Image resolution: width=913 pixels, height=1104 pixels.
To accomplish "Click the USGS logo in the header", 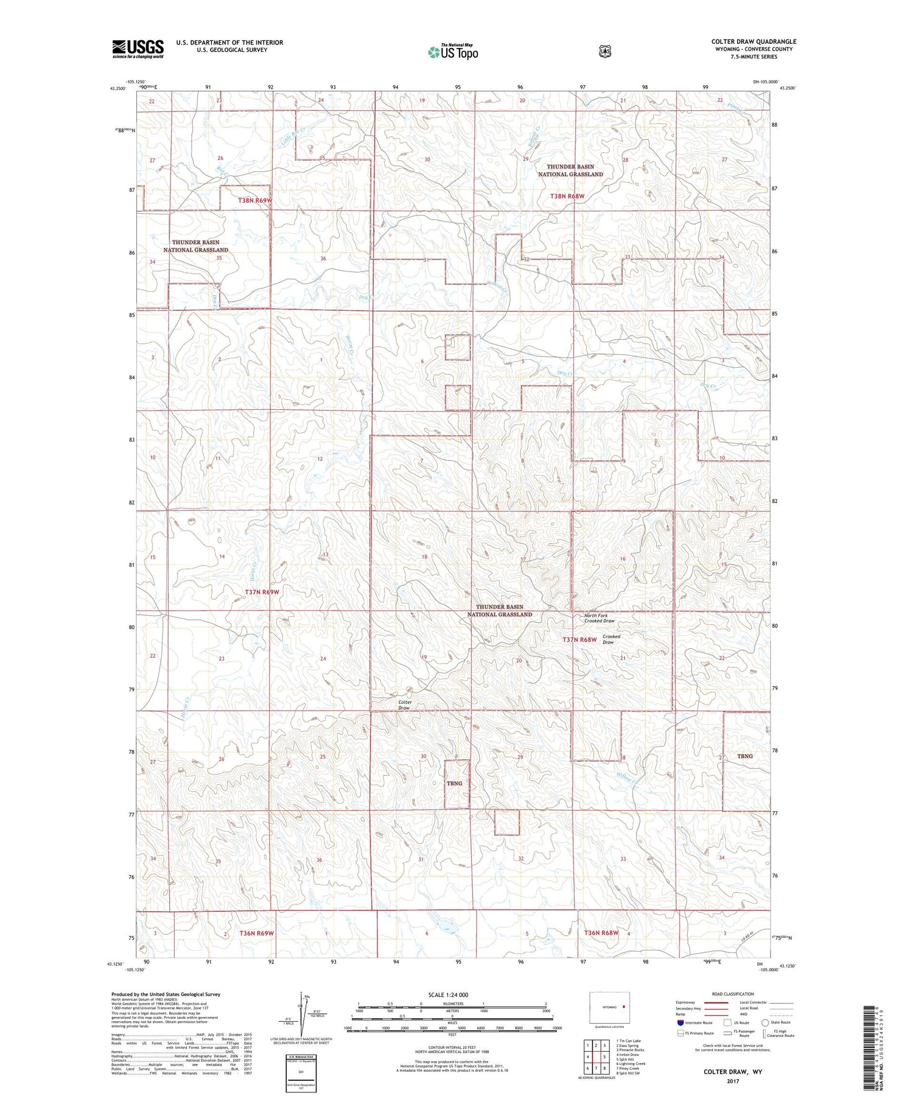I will pyautogui.click(x=138, y=49).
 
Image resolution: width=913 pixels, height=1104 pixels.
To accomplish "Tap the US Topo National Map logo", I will pyautogui.click(x=453, y=51).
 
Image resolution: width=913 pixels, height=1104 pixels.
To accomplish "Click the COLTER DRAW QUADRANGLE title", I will pyautogui.click(x=754, y=41).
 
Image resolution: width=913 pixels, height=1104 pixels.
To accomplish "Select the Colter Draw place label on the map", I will pyautogui.click(x=405, y=705).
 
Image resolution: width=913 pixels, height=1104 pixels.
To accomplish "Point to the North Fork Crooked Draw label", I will pyautogui.click(x=599, y=618).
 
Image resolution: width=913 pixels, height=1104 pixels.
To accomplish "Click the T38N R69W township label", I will pyautogui.click(x=255, y=200).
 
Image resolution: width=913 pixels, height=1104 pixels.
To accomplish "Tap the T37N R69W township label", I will pyautogui.click(x=262, y=592).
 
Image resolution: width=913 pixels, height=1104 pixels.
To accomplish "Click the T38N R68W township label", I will pyautogui.click(x=567, y=196).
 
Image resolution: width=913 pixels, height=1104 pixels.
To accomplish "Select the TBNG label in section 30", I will pyautogui.click(x=454, y=783).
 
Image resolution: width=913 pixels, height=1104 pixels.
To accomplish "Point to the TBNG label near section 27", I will pyautogui.click(x=744, y=756).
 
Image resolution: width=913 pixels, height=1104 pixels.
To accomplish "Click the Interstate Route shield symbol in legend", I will pyautogui.click(x=680, y=1022).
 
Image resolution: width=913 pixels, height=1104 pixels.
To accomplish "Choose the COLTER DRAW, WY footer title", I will pyautogui.click(x=736, y=1071).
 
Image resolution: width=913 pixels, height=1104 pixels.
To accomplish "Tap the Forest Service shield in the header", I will pyautogui.click(x=604, y=51).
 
